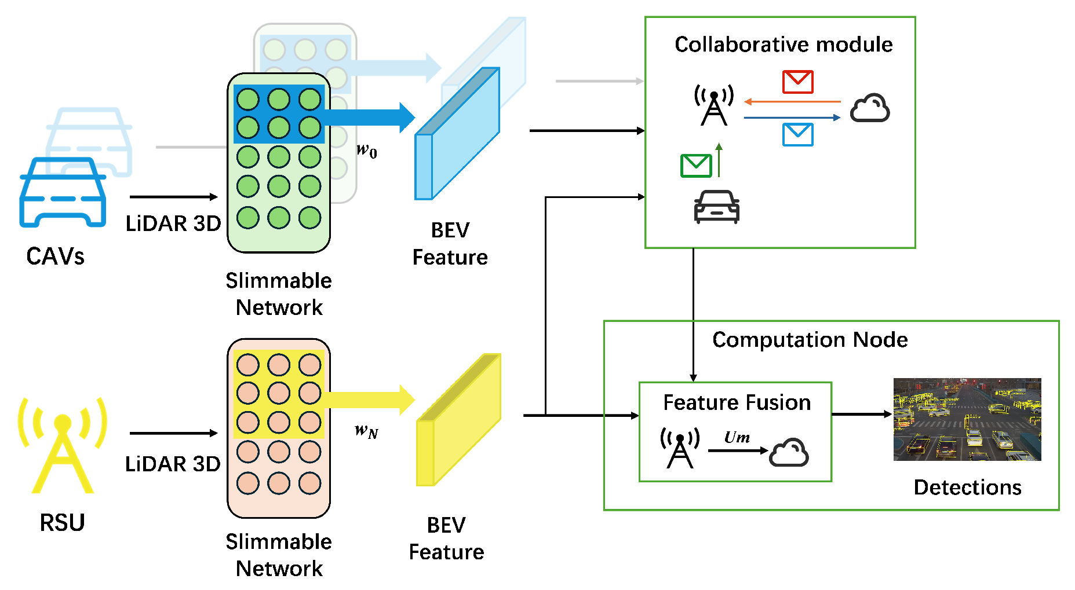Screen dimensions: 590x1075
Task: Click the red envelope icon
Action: pos(797,82)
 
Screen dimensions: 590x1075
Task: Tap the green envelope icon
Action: pos(695,166)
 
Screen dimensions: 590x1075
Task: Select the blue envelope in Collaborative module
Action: pos(797,134)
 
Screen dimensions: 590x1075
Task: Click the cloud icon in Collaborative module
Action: pos(869,108)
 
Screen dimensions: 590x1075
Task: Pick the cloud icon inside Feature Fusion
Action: pos(789,452)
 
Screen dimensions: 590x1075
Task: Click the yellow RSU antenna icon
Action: pos(63,445)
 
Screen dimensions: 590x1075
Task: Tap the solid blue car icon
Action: pos(63,192)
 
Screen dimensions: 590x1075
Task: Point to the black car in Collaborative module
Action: pos(716,207)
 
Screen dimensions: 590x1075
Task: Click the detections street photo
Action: pos(967,419)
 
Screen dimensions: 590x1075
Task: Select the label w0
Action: pos(366,151)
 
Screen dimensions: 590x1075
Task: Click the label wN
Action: pos(366,431)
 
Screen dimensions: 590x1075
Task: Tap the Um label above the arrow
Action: pos(737,437)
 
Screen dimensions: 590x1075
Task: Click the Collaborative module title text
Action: pos(783,45)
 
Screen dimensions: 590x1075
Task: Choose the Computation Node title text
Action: pos(809,340)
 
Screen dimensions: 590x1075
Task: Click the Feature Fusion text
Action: pos(736,402)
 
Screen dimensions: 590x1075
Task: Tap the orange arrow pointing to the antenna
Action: pos(792,102)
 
